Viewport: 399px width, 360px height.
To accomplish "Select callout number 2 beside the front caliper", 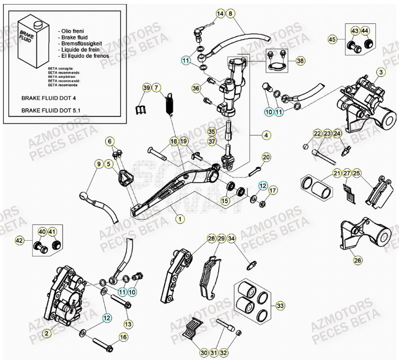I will pos(47,333).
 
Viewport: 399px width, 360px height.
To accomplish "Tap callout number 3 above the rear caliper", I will pos(381,72).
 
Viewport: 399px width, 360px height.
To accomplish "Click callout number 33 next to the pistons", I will pos(280,306).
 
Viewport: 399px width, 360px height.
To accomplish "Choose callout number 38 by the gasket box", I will pos(300,61).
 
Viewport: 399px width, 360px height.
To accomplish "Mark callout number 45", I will pos(332,39).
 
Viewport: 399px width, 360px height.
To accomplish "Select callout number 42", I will pos(20,240).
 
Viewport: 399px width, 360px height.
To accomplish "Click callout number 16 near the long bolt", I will pos(123,336).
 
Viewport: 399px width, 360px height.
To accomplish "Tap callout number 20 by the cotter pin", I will pos(266,157).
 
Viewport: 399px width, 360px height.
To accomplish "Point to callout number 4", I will pos(266,135).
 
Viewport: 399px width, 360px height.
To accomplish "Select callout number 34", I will pos(231,238).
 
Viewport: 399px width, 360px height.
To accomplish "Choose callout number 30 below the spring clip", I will pos(203,352).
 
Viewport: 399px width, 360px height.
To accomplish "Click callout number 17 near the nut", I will pos(273,190).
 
